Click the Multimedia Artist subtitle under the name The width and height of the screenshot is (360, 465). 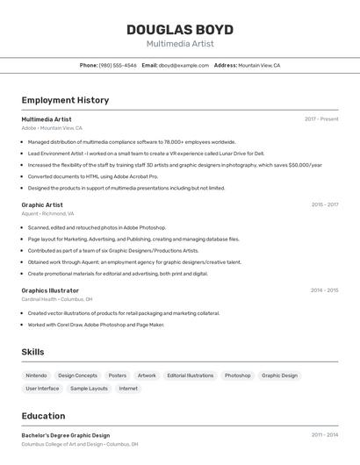coord(179,44)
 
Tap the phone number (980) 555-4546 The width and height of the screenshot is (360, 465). coord(117,66)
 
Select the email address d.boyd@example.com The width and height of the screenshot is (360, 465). coord(182,66)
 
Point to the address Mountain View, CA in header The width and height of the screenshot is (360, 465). coord(259,66)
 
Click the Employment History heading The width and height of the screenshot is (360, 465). coord(65,100)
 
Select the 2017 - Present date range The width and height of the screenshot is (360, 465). coord(321,119)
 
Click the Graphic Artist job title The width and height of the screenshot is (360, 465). coord(42,204)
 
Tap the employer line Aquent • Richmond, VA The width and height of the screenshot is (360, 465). coord(48,213)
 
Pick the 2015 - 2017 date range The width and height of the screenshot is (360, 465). coord(325,204)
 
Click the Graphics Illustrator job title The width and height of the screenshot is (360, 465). coord(50,290)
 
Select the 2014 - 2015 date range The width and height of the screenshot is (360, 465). coord(325,290)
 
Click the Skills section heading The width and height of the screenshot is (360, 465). coord(32,352)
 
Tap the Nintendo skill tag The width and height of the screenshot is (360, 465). coord(36,376)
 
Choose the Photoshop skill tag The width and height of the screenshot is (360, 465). coord(237,376)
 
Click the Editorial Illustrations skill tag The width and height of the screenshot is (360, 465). coord(190,376)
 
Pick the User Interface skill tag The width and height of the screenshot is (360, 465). coord(42,388)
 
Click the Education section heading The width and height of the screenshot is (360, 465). coord(43,416)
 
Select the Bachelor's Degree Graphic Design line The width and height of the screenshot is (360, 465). coord(66,435)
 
